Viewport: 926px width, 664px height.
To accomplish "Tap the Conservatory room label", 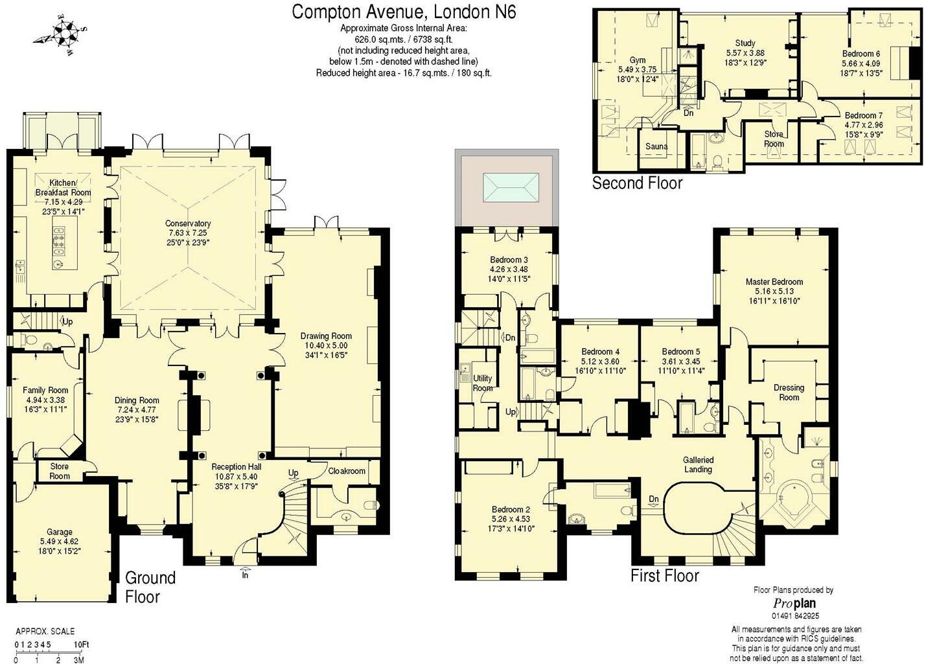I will (x=188, y=223).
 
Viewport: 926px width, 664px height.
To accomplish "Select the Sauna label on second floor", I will (x=656, y=146).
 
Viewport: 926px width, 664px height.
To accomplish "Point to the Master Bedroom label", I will (x=774, y=282).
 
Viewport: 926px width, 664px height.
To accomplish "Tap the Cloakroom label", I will (x=347, y=471).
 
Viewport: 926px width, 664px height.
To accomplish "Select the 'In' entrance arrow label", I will (x=245, y=574).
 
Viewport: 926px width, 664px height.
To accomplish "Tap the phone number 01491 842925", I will (x=794, y=616).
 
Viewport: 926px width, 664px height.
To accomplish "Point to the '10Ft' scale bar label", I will (x=81, y=645).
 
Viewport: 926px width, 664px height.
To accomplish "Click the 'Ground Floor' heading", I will (x=150, y=586).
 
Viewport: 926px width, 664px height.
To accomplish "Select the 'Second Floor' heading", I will (x=637, y=183).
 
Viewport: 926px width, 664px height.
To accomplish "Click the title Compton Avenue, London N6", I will (x=404, y=12).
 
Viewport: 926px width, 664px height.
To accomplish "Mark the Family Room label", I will (x=45, y=390).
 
